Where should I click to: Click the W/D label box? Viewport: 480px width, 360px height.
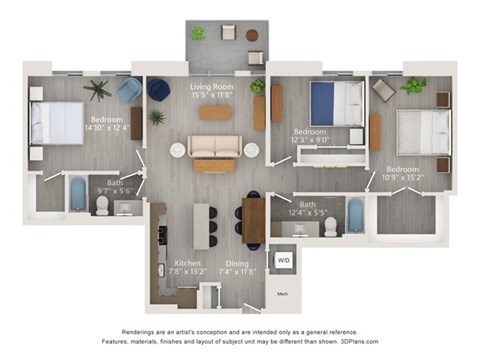pyautogui.click(x=283, y=261)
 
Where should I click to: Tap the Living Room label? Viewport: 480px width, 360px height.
pyautogui.click(x=212, y=88)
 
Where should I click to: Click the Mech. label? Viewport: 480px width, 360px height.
pyautogui.click(x=282, y=293)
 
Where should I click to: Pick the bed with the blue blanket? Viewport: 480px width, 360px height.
pyautogui.click(x=334, y=102)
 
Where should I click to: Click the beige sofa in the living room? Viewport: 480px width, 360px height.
pyautogui.click(x=216, y=147)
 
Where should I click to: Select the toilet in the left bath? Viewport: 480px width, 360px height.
pyautogui.click(x=102, y=205)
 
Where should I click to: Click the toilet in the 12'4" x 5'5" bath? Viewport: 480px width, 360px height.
pyautogui.click(x=331, y=225)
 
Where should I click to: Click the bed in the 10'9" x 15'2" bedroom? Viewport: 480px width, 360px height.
pyautogui.click(x=416, y=130)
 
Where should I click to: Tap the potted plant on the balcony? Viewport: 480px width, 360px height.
pyautogui.click(x=197, y=34)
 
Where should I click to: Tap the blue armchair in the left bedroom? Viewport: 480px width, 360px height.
pyautogui.click(x=129, y=91)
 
